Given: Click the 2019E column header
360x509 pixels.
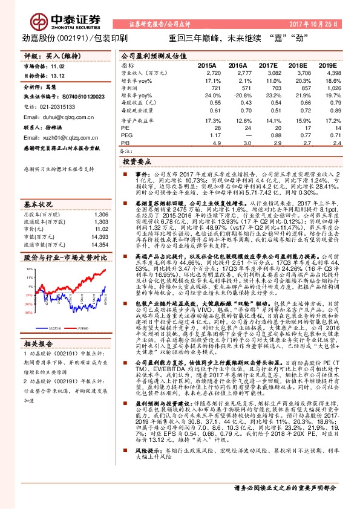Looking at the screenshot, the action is (327, 65).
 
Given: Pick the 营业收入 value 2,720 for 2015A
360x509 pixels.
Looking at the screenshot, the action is (212, 72).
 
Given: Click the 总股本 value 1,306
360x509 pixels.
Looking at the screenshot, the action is (100, 197).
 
